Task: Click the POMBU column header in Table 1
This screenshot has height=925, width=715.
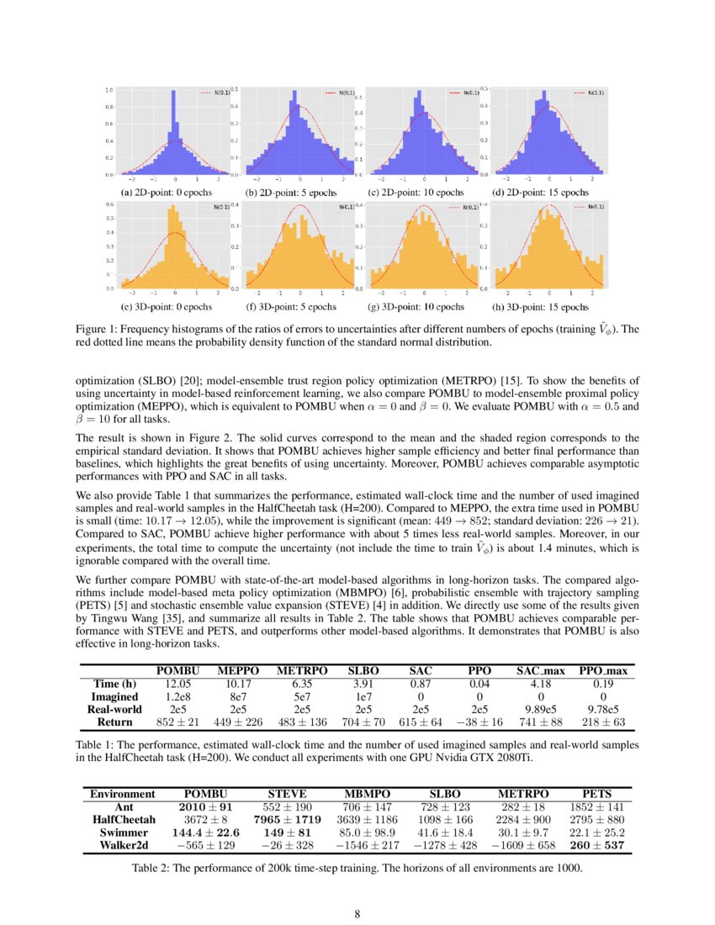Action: click(x=177, y=670)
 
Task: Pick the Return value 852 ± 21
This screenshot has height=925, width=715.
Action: click(x=177, y=721)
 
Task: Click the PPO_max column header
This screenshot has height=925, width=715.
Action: click(x=603, y=670)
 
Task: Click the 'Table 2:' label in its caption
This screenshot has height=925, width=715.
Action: click(x=153, y=867)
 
